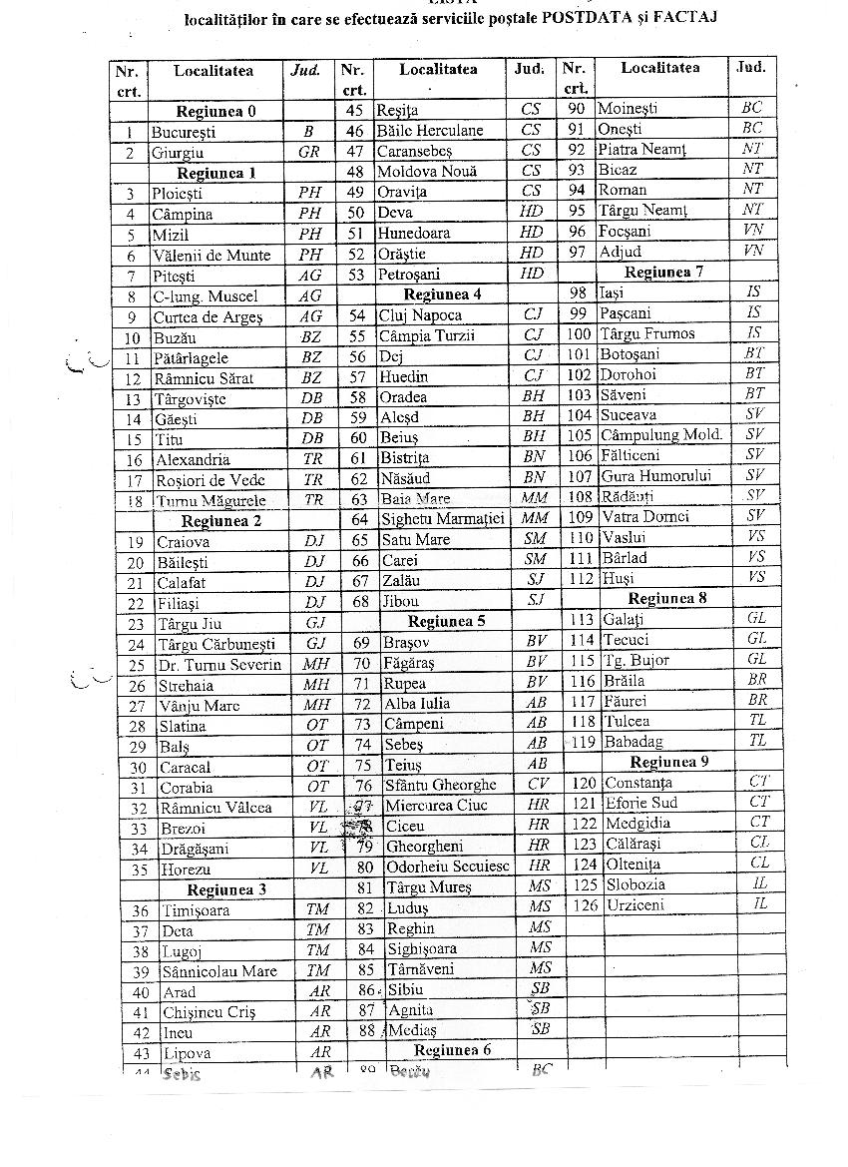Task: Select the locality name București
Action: (184, 132)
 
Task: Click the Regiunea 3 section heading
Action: (226, 889)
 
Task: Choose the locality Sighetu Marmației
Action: (443, 519)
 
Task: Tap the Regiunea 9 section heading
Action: (669, 762)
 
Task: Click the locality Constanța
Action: (638, 783)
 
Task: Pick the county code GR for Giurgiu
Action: (309, 153)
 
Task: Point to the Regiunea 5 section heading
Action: (446, 621)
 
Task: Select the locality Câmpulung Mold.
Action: (661, 435)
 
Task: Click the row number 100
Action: (579, 333)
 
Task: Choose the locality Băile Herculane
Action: (429, 131)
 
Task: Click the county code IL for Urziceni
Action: (760, 903)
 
